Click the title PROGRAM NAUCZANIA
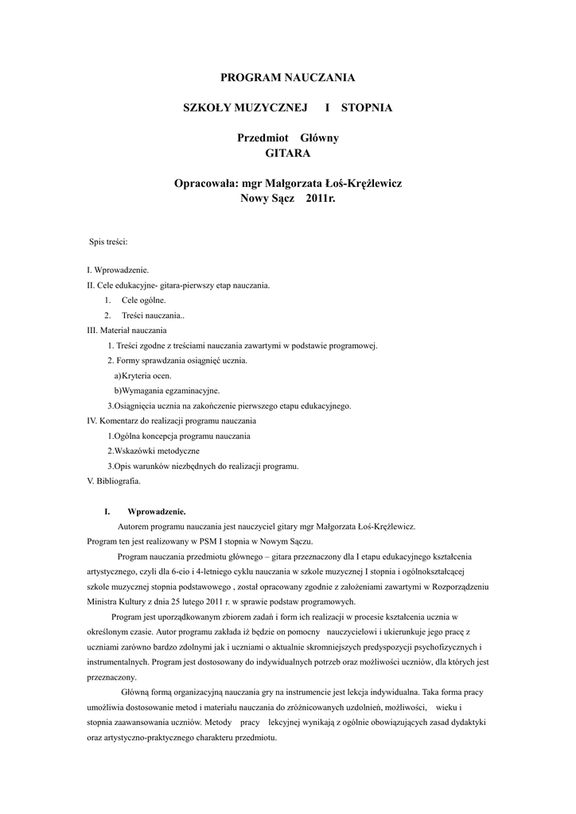(287, 77)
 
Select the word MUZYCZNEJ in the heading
(263, 106)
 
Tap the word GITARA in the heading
(287, 152)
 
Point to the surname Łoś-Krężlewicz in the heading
(358, 183)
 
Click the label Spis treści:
(109, 241)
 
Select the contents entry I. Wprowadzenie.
(118, 270)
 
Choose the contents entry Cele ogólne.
(144, 300)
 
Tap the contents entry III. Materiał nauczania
(126, 330)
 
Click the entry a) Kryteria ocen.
(142, 375)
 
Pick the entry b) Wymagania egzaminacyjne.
(167, 390)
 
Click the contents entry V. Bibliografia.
(114, 481)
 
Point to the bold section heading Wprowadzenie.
(157, 511)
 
